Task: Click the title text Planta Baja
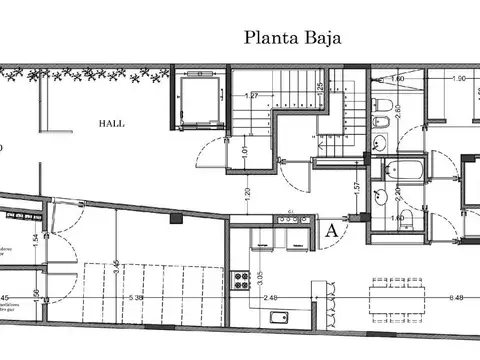pyautogui.click(x=291, y=38)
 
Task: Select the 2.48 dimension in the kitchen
pyautogui.click(x=272, y=297)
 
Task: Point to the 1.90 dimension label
pyautogui.click(x=459, y=78)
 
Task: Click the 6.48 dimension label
pyautogui.click(x=458, y=297)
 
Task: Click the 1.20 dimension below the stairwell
pyautogui.click(x=246, y=190)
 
